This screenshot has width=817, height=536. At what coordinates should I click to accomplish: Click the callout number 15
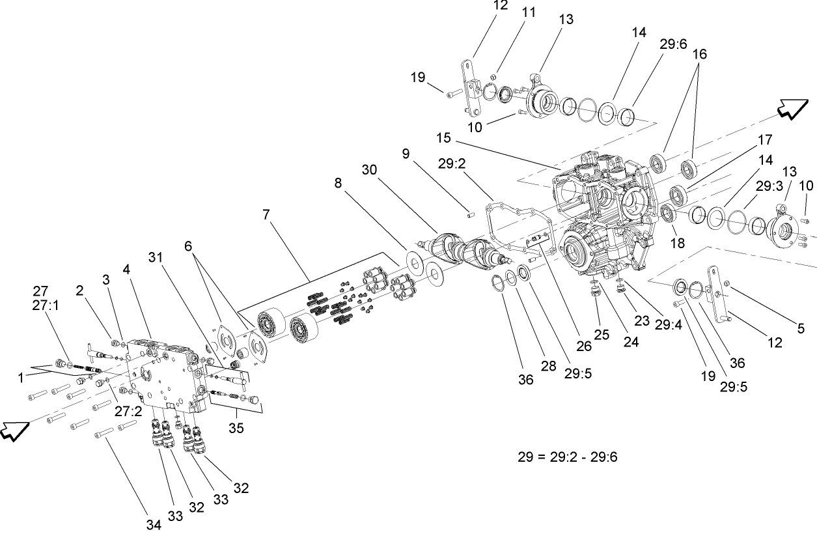(x=443, y=139)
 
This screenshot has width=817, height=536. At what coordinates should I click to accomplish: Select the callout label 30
(x=370, y=169)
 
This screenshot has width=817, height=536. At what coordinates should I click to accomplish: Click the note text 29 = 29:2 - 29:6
(x=567, y=457)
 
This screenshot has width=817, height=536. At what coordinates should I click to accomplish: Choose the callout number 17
(x=764, y=140)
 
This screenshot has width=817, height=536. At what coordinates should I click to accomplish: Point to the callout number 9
(x=406, y=154)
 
